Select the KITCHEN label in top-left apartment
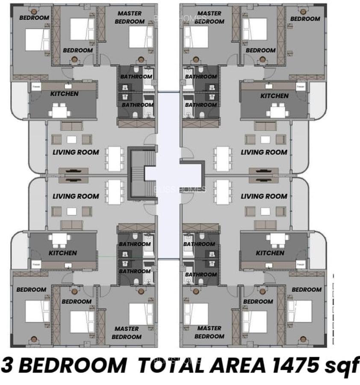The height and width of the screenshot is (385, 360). point(64,94)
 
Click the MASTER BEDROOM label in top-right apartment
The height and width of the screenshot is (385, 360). point(210,18)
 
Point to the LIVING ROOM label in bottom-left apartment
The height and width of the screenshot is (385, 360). point(76,196)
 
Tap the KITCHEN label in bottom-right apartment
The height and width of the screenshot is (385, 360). point(270,253)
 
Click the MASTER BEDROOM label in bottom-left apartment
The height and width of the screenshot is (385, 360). point(127,332)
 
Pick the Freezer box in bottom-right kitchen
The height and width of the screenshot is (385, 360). point(301,264)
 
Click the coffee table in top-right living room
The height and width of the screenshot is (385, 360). point(266,139)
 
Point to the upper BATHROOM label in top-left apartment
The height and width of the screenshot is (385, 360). point(136,77)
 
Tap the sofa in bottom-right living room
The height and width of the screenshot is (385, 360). point(266,225)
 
